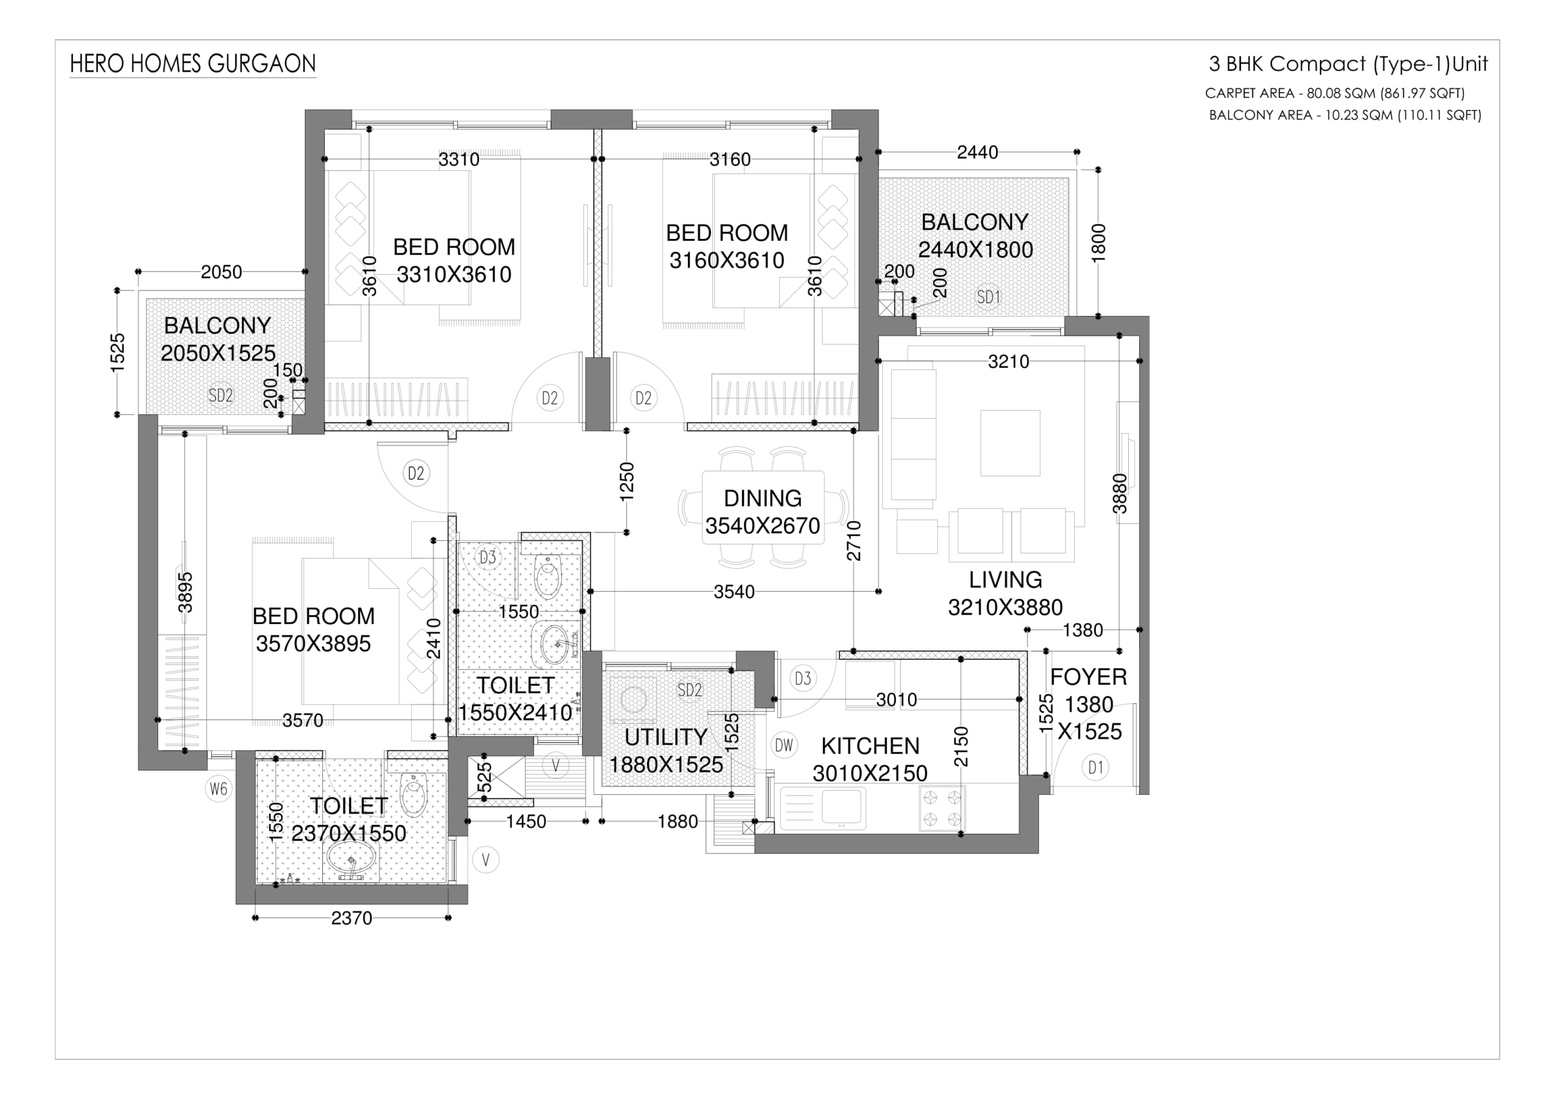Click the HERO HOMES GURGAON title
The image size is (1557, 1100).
click(x=193, y=64)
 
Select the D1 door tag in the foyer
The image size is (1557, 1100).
click(x=1096, y=767)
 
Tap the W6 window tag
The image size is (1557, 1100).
click(x=218, y=789)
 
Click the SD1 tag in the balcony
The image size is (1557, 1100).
click(x=989, y=297)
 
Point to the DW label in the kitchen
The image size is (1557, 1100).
click(x=784, y=746)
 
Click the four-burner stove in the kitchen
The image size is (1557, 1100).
click(x=942, y=808)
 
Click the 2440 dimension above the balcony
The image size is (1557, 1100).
click(x=977, y=153)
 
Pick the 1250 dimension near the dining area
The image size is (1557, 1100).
click(x=626, y=481)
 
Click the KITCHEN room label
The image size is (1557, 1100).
click(x=870, y=746)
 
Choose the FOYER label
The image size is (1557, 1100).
click(x=1089, y=676)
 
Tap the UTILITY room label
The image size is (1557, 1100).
click(x=666, y=737)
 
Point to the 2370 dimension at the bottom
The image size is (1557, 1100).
click(x=352, y=918)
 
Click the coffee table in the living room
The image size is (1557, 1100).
click(x=1010, y=442)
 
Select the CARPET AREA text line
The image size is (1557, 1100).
click(x=1334, y=93)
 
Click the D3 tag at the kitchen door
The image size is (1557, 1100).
click(x=803, y=678)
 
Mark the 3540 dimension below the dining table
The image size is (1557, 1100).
click(x=733, y=592)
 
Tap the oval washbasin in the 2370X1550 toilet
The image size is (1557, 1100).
click(x=350, y=858)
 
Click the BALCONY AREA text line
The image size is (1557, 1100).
click(x=1345, y=115)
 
